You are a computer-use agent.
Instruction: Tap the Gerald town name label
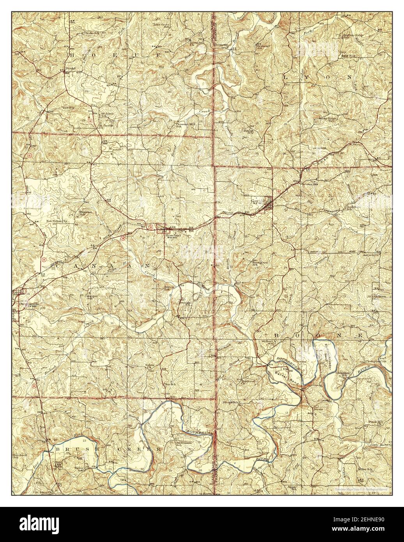257,201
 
